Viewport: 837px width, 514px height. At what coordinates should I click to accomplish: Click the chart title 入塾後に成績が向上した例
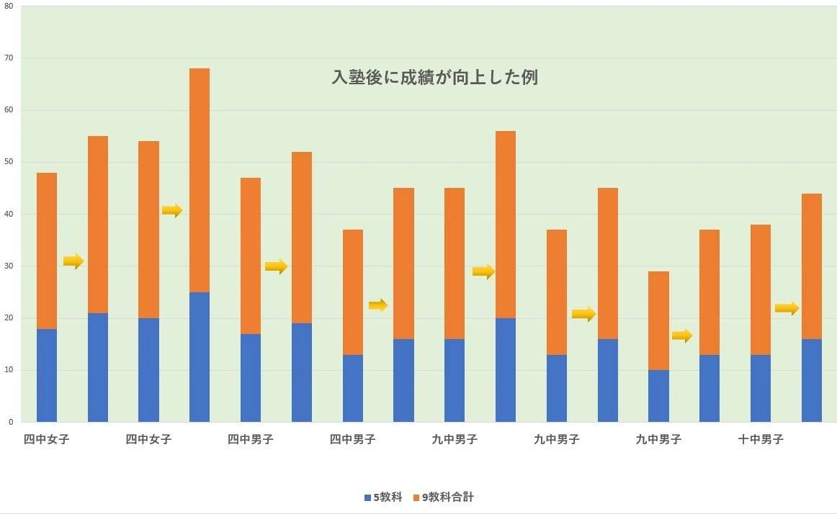(x=434, y=77)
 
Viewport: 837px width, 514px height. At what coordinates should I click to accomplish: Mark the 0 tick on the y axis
(x=10, y=422)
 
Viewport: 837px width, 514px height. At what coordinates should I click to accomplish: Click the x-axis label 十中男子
(x=761, y=439)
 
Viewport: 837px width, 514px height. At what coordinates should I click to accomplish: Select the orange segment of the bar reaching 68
(x=200, y=180)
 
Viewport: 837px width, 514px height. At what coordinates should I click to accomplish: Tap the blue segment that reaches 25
(x=200, y=357)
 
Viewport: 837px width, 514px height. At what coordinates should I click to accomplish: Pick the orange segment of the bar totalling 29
(x=658, y=320)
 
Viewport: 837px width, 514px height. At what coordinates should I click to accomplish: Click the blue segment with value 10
(x=658, y=396)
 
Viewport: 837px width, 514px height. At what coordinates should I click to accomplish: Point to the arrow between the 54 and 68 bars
(x=172, y=210)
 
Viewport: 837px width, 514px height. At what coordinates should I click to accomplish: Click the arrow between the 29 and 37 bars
(x=682, y=335)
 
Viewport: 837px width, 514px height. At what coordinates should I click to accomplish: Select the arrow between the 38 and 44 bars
(x=787, y=308)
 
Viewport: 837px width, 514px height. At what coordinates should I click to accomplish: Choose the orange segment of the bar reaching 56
(x=506, y=225)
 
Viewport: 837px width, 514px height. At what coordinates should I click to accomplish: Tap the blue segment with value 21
(x=98, y=367)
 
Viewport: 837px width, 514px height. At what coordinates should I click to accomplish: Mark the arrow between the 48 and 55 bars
(x=73, y=261)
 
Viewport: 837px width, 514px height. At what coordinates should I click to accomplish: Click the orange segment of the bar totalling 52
(x=302, y=238)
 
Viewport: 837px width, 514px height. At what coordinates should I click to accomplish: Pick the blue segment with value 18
(x=47, y=375)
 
